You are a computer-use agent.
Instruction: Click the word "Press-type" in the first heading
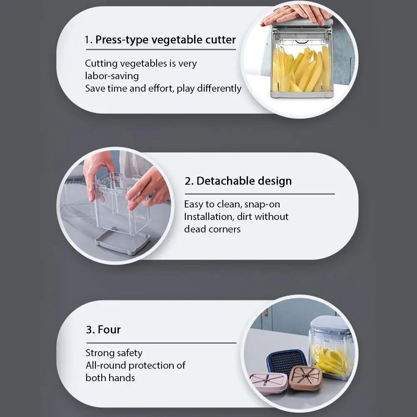(122, 40)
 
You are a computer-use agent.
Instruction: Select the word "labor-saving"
(112, 76)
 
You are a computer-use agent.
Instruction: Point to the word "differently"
(219, 88)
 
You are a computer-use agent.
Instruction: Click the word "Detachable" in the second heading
(225, 181)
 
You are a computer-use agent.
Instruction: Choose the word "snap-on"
(262, 205)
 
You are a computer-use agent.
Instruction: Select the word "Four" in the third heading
(109, 330)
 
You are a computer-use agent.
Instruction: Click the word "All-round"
(105, 365)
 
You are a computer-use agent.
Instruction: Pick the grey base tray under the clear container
(123, 242)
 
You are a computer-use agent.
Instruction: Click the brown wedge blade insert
(305, 378)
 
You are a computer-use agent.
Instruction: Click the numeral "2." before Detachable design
(189, 181)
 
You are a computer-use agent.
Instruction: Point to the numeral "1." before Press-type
(89, 40)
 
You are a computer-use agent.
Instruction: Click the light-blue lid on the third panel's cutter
(330, 323)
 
